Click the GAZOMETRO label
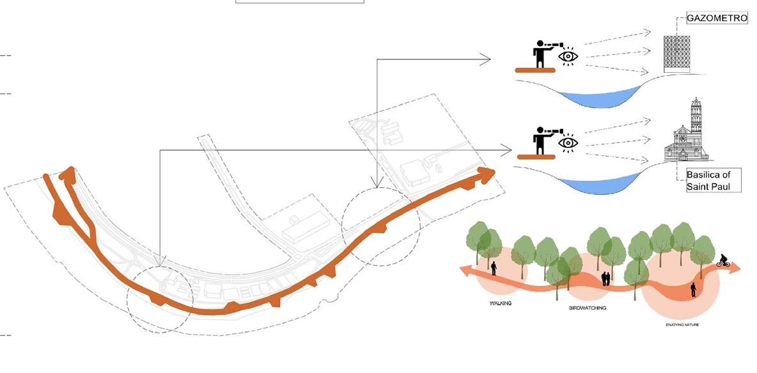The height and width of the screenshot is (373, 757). [x=716, y=19]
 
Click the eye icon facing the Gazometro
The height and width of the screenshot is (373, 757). [x=568, y=56]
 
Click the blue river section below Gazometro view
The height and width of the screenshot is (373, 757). [x=598, y=98]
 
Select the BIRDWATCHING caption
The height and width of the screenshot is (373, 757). [x=587, y=308]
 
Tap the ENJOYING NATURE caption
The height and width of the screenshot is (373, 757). [x=681, y=324]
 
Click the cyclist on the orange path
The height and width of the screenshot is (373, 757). [x=723, y=261]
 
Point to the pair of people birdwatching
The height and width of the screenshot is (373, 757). [x=605, y=278]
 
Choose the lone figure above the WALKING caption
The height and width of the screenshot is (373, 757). [x=494, y=267]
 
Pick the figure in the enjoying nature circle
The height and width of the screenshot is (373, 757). [x=693, y=290]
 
